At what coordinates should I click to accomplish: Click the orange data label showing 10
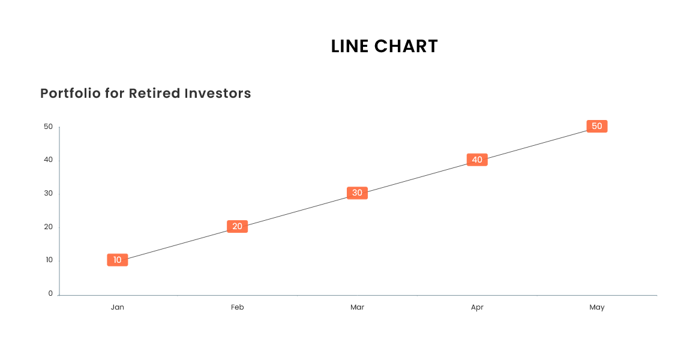coord(118,260)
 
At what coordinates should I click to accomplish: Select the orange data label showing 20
coord(237,226)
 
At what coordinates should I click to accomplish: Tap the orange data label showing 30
coord(357,193)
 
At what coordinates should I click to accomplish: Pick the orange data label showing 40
coord(477,160)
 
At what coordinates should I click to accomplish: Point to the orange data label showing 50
coord(597,126)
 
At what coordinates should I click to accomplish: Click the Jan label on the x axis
coord(117,307)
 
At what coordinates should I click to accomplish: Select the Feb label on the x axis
coord(237,307)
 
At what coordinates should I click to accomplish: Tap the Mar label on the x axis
coord(357,307)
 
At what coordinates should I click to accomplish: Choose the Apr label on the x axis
coord(477,307)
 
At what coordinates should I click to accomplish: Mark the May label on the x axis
coord(597,307)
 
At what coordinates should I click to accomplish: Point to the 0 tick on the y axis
coord(50,293)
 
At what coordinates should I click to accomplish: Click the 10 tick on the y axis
coord(49,260)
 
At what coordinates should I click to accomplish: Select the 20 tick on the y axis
coord(49,227)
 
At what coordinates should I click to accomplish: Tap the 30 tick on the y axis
coord(49,193)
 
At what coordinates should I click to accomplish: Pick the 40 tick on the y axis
coord(49,160)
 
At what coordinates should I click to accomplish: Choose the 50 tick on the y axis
coord(49,127)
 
